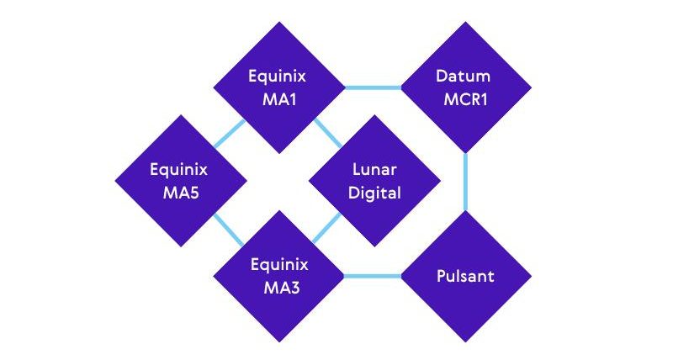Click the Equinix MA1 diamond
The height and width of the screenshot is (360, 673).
pos(278,87)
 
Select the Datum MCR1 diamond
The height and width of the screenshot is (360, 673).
pos(465,87)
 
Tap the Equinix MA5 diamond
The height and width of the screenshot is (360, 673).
pos(180,181)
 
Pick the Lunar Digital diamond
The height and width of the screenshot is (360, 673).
pos(374,181)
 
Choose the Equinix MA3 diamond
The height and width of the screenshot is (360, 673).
pos(278,276)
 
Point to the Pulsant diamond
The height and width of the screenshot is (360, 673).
pos(465,276)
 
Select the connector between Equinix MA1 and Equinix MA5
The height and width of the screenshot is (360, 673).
pos(229,134)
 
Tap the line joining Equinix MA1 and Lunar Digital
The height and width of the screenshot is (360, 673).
pos(327,133)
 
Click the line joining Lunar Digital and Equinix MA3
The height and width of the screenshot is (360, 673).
pos(327,229)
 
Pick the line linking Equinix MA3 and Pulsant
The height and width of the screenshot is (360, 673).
pos(373,276)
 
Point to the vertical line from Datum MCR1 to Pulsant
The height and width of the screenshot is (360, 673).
pos(465,182)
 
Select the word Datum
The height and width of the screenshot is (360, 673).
pos(465,77)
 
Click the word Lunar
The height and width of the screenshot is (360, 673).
pos(374,170)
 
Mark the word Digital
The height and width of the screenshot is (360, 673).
pos(374,193)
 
